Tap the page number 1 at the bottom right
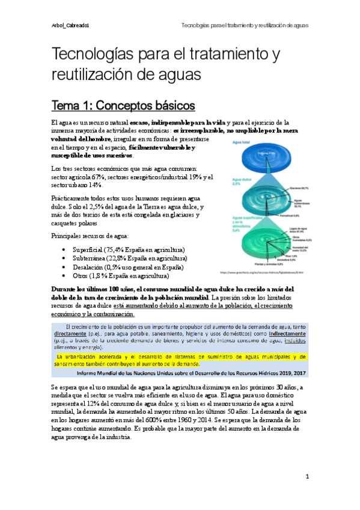307,477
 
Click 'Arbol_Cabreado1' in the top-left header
70,26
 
